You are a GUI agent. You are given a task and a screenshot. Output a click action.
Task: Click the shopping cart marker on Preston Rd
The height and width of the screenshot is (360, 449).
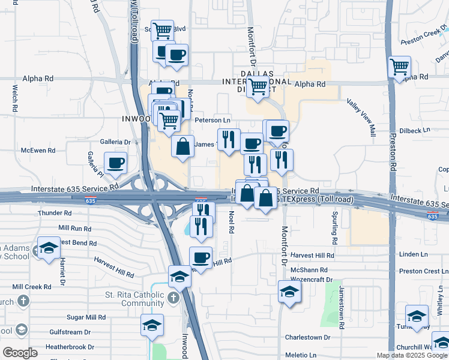tap(399, 67)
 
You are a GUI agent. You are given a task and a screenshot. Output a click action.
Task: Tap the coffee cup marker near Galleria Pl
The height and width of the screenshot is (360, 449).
tap(115, 162)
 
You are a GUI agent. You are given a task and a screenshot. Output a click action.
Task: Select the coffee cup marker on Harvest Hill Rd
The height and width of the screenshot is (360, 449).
tap(200, 258)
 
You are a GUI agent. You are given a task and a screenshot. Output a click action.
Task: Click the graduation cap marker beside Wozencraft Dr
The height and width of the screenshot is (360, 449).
tap(290, 292)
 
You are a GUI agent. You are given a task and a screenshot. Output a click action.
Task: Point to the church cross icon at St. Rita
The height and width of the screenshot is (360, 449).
tap(173, 298)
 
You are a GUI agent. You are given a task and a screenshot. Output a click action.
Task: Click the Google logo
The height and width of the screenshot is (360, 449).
tap(20, 353)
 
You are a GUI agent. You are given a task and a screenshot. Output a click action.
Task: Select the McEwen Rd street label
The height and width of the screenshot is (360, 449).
tap(38, 151)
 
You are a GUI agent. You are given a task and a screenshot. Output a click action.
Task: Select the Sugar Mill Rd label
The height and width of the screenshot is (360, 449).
tap(86, 317)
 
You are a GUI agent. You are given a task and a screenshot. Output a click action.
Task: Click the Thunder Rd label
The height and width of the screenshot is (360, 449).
tap(54, 213)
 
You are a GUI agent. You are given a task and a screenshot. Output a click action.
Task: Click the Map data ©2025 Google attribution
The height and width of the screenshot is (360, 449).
tap(411, 355)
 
